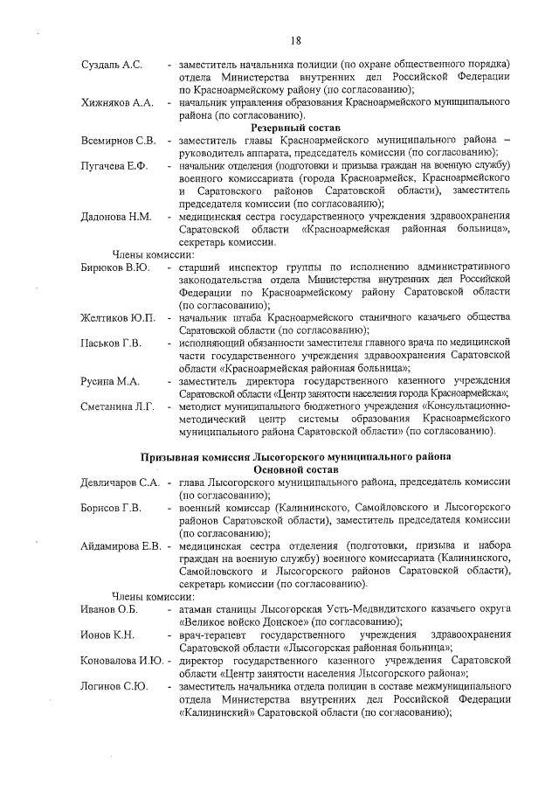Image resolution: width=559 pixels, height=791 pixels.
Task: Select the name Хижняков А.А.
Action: pos(117,103)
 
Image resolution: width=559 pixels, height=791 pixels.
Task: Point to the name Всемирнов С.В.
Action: pos(118,141)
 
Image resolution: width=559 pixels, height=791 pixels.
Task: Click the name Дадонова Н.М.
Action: pos(115,217)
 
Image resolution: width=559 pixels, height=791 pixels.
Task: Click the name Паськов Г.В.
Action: pos(110,343)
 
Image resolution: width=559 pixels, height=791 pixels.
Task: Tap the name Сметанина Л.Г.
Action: pos(117,407)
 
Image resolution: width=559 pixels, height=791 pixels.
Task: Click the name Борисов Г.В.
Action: pos(110,509)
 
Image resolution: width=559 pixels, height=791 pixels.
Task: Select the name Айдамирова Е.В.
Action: pos(120,546)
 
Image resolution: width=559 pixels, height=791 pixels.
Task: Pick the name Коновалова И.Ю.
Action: pos(121,661)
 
